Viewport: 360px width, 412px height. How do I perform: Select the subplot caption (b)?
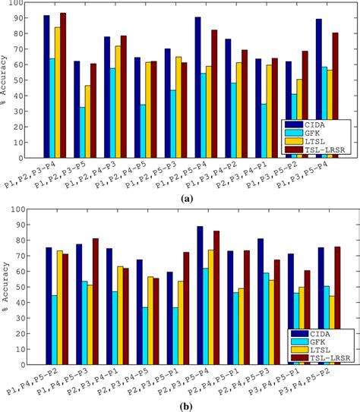tap(185, 406)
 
